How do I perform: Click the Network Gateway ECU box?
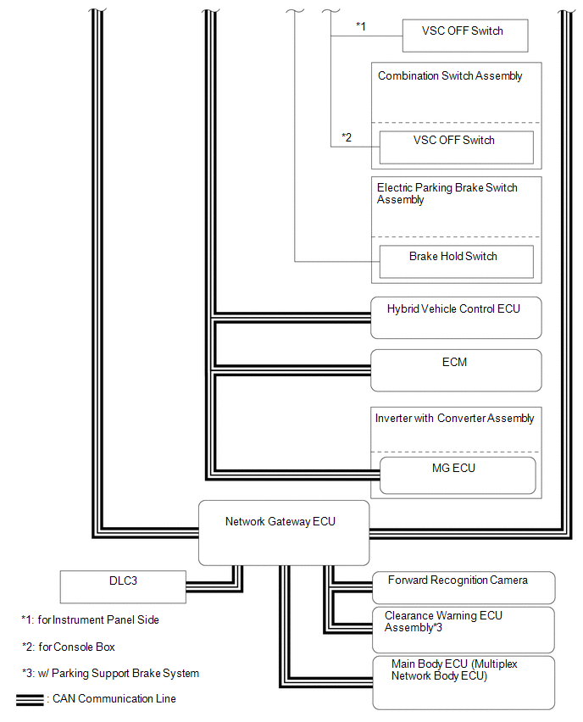pos(284,533)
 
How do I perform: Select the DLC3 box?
pos(123,587)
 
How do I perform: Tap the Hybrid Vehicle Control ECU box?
pos(456,318)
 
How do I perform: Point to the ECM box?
pos(456,370)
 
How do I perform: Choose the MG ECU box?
pos(458,475)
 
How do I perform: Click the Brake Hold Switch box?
pos(457,262)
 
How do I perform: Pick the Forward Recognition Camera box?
pos(464,587)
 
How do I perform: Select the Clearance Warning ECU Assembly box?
pos(464,630)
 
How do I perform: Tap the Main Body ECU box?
pos(464,683)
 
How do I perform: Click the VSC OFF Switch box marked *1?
pos(465,36)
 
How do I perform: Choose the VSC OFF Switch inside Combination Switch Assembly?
pos(457,147)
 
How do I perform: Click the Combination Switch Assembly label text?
pos(450,76)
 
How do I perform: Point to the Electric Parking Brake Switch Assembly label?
pos(447,193)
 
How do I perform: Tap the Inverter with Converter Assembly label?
pos(454,418)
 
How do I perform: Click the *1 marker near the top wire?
pos(361,26)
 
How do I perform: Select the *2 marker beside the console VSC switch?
pos(347,137)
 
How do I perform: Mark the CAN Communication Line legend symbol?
pos(30,700)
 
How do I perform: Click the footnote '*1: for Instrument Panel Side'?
pos(91,619)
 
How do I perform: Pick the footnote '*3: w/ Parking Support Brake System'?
pos(110,673)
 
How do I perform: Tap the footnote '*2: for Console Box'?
pos(69,647)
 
